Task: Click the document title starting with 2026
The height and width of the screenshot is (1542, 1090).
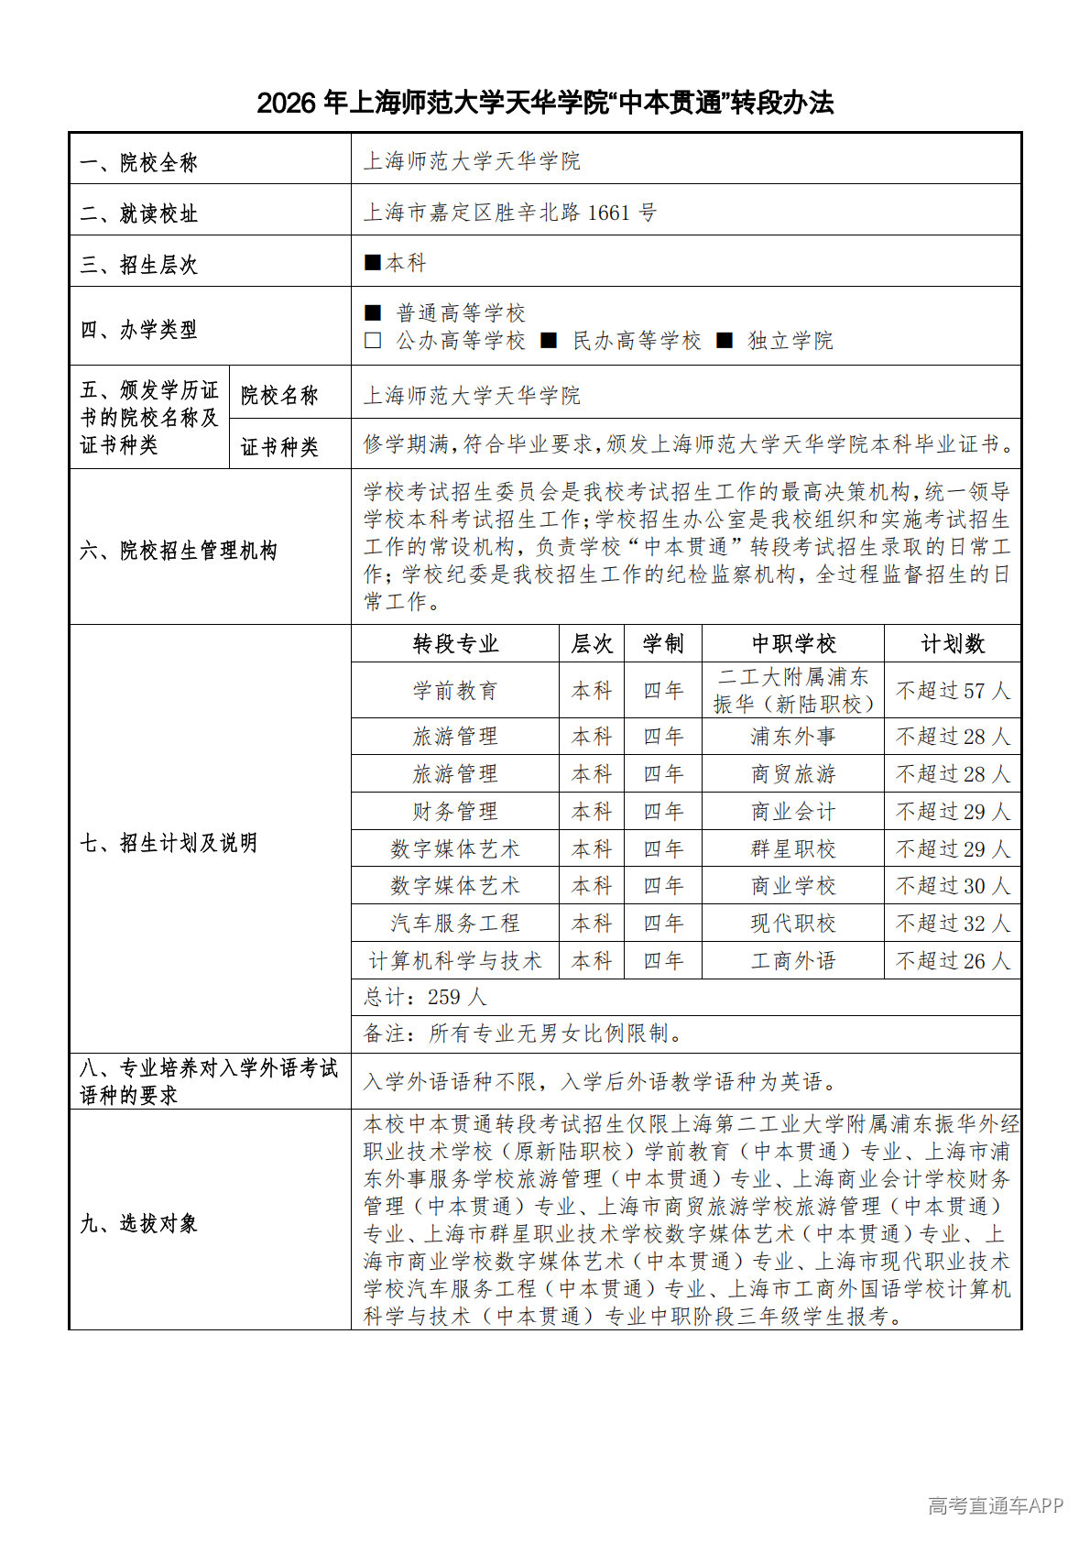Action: coord(545,103)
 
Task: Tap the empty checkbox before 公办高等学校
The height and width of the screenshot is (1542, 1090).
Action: coord(373,341)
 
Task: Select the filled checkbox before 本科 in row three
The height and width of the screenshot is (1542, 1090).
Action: coord(372,263)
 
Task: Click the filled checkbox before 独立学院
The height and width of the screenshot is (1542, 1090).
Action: coord(725,341)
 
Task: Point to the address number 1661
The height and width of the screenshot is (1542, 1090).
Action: coord(608,213)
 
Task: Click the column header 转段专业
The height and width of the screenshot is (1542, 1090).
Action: coord(455,644)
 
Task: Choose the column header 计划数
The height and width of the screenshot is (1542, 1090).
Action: coord(953,644)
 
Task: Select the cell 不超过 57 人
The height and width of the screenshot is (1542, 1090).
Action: coord(953,691)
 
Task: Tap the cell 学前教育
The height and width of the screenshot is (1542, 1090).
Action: coord(455,691)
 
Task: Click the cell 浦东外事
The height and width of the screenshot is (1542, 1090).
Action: coord(793,737)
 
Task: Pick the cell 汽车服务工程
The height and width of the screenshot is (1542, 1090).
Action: coord(455,924)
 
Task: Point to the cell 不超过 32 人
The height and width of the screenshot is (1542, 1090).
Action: coord(953,924)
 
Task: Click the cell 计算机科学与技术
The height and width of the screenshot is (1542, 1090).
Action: coord(455,961)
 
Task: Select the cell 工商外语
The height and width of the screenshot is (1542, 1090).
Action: coord(793,961)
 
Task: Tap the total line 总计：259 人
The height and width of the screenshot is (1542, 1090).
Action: coord(425,998)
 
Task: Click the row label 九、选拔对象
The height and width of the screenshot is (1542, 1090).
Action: coord(139,1223)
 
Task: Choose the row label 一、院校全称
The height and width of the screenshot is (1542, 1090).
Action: coord(139,163)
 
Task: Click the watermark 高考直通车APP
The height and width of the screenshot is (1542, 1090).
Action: coord(996,1504)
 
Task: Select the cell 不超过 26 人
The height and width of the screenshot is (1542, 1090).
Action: coord(953,961)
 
